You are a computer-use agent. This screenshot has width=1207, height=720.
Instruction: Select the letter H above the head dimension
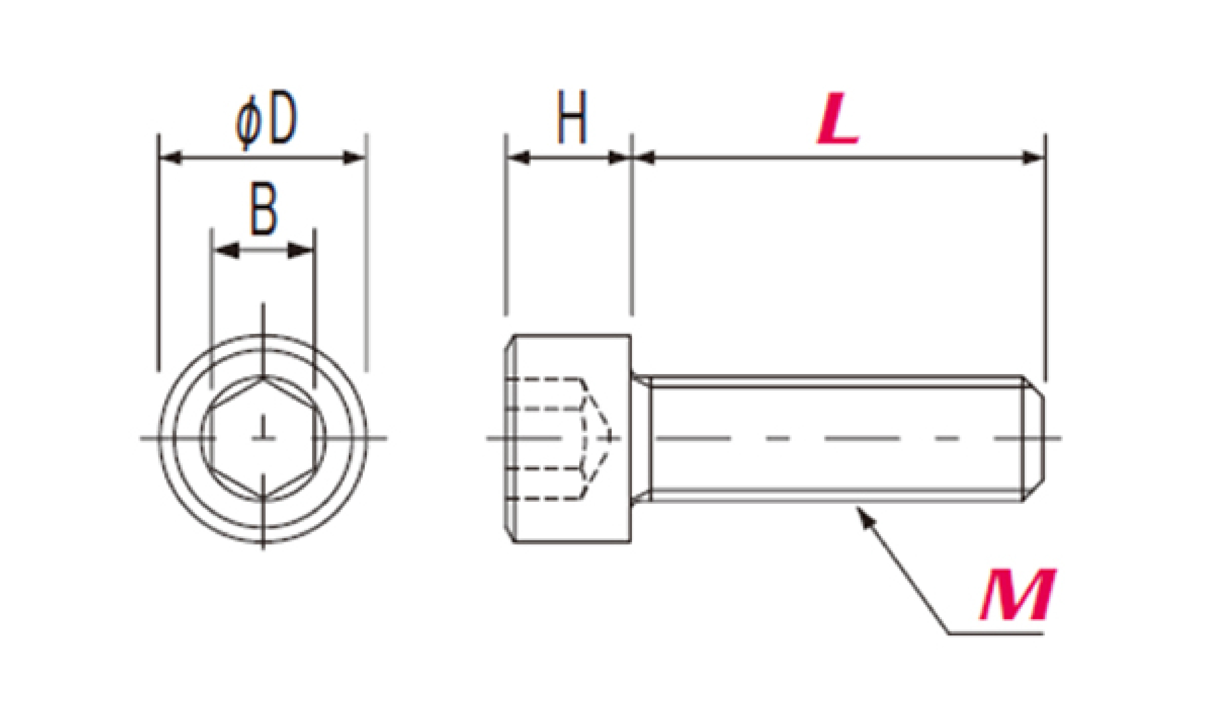pos(572,117)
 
